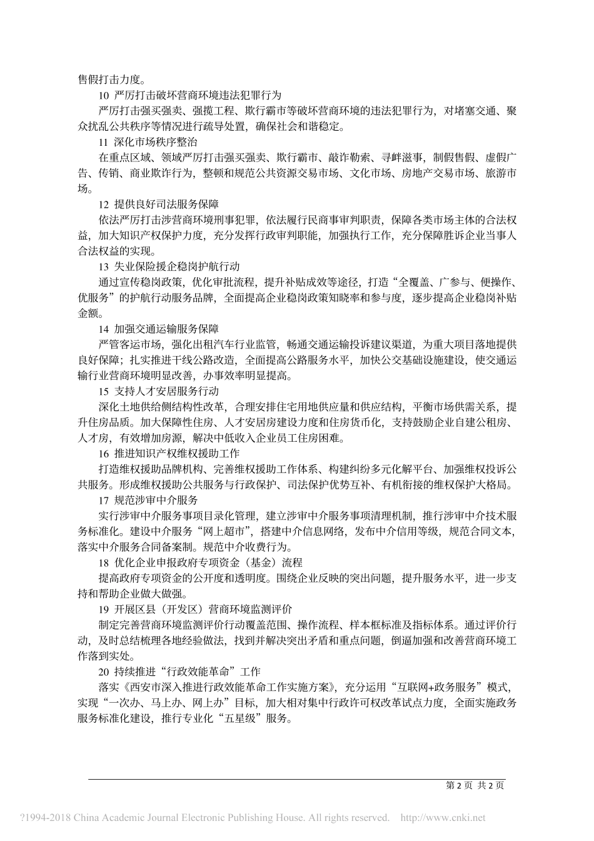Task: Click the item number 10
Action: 104,95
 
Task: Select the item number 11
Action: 104,142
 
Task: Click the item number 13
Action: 104,266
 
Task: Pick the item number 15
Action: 104,390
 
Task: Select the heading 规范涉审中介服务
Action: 156,499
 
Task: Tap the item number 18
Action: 104,561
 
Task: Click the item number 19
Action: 104,608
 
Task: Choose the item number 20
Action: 104,671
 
